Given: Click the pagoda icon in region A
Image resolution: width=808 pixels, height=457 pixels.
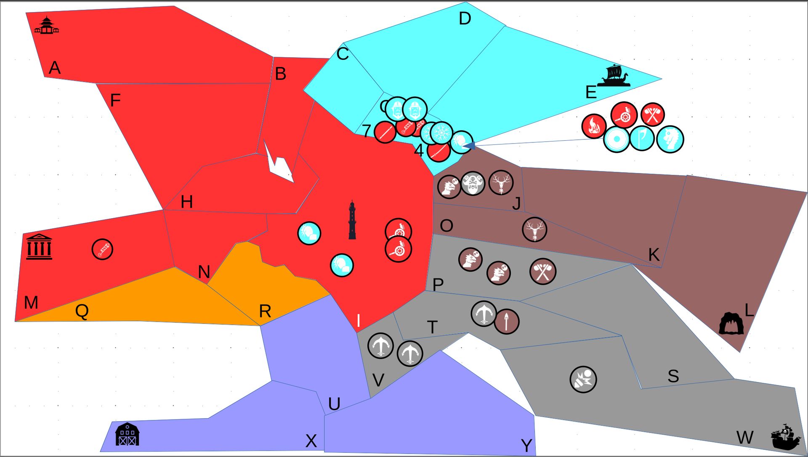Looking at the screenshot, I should (x=46, y=25).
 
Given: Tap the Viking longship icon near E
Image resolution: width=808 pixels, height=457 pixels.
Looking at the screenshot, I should (x=614, y=76).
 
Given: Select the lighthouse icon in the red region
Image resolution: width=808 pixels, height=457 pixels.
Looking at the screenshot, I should (x=352, y=220).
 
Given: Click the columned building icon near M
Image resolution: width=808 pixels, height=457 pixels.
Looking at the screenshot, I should (x=39, y=247).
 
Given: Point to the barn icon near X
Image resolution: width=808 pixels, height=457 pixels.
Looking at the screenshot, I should (x=127, y=434).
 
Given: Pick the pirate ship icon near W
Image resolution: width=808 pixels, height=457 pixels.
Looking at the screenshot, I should (x=786, y=437).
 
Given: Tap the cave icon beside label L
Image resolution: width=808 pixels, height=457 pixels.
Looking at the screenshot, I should (x=731, y=323).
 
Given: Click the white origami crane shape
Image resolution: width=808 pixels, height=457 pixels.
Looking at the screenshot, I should (x=278, y=162).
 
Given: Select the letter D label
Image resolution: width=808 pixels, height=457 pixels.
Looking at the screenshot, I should (x=465, y=19).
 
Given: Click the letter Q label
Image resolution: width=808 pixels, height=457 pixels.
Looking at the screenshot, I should (x=82, y=311).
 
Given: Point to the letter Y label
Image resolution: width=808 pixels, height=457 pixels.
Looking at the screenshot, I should (x=526, y=445).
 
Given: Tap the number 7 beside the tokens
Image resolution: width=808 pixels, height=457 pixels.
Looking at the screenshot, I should (x=367, y=131).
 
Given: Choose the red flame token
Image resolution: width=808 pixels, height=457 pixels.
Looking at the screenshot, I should (x=594, y=126).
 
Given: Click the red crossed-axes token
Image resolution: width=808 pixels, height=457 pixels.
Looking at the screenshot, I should (x=652, y=115).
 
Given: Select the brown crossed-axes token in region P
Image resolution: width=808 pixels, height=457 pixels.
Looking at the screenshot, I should (x=543, y=272).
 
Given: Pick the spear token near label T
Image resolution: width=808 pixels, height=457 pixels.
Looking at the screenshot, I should (x=507, y=322).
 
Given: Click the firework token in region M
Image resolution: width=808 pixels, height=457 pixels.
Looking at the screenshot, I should (x=102, y=249).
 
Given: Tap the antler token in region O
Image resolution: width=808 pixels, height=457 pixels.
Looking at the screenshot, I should (x=534, y=230).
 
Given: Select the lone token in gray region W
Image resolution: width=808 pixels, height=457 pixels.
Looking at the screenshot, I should (x=583, y=379).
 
